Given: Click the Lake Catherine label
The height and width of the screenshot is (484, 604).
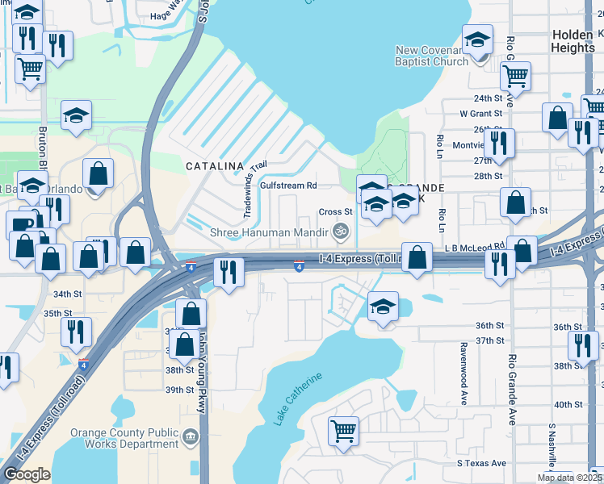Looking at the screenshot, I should (x=298, y=398).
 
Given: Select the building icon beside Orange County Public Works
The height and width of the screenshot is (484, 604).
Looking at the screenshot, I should (x=191, y=437).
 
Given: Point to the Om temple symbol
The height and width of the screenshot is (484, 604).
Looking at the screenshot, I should (x=342, y=232).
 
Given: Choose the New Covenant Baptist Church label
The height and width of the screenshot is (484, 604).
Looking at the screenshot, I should (x=432, y=56).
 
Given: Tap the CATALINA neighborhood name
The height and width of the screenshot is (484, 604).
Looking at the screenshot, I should (x=215, y=166).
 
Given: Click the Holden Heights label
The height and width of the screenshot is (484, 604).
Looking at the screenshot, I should (x=573, y=41).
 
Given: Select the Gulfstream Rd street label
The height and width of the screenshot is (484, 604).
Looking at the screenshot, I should (x=287, y=186).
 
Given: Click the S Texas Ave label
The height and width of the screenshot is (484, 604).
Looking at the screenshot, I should (x=481, y=463).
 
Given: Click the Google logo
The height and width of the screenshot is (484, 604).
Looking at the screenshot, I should (x=27, y=474).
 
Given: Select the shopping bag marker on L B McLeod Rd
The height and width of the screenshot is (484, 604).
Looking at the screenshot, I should (x=417, y=258).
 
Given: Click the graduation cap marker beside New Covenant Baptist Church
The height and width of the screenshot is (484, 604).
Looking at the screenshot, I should (x=477, y=39).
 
